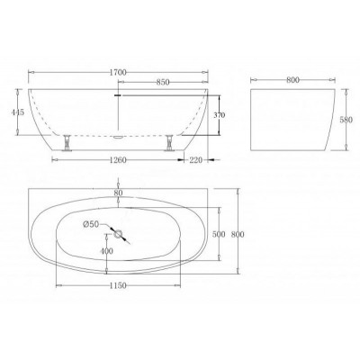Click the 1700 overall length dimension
pos(118,72)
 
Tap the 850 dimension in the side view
pos(163,82)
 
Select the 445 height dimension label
pos(18,112)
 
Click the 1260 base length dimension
pos(118,160)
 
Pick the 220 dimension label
pos(196,160)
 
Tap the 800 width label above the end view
pos(292,80)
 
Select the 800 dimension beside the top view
pos(238,234)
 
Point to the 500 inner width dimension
pos(219,234)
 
